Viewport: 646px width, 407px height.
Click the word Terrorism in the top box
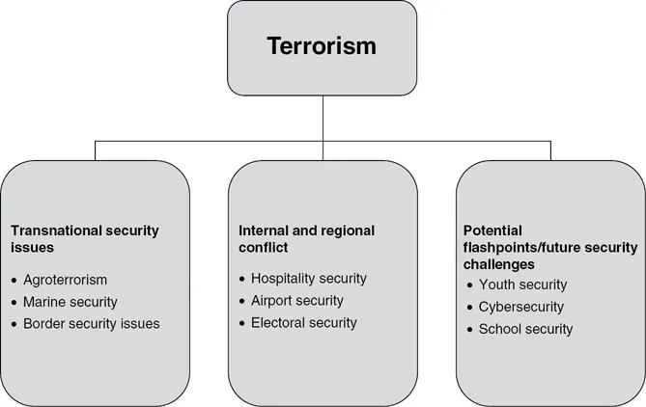[x=323, y=46]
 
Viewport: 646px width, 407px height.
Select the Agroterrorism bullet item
[x=65, y=281]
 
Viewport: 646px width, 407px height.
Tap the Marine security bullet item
[x=70, y=302]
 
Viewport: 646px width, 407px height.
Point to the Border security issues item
[x=92, y=323]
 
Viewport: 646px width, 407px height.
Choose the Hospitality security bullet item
[x=308, y=279]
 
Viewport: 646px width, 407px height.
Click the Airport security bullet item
[x=297, y=300]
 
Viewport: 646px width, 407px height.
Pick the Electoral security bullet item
[x=303, y=322]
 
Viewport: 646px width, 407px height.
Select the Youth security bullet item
[x=522, y=285]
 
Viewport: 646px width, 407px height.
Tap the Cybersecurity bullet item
[x=521, y=307]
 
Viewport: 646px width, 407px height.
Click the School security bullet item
[x=525, y=329]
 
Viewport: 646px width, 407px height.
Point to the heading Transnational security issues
[x=84, y=239]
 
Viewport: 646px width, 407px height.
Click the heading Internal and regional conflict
[x=306, y=239]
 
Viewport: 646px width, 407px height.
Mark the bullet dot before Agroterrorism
[x=14, y=281]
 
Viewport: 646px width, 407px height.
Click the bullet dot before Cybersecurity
[x=469, y=307]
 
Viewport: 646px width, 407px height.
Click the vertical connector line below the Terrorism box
[x=323, y=116]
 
